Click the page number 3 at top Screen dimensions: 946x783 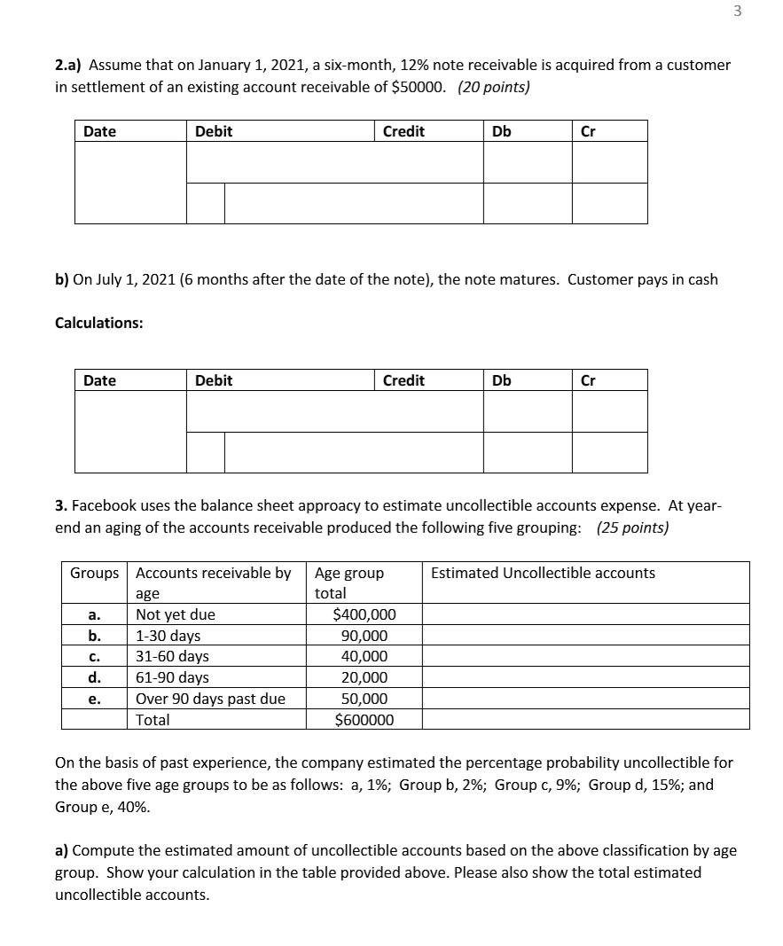click(x=738, y=11)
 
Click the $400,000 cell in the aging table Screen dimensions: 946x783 click(x=364, y=614)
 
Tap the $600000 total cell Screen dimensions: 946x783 click(x=364, y=720)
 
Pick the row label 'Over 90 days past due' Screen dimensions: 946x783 click(x=210, y=699)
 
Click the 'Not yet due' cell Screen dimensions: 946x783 click(x=175, y=614)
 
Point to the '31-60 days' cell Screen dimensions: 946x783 click(x=172, y=657)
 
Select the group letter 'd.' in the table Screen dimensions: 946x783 click(x=95, y=677)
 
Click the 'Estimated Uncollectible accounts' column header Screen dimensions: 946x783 click(x=543, y=573)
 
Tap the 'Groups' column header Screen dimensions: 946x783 click(x=94, y=573)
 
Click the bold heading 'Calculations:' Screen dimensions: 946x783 click(x=98, y=323)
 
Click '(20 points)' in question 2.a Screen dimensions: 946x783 click(x=494, y=87)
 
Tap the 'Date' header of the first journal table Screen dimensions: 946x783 click(x=99, y=131)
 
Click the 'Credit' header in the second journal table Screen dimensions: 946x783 click(x=403, y=380)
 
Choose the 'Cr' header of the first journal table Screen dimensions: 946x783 click(x=587, y=131)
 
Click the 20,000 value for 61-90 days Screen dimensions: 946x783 click(x=364, y=677)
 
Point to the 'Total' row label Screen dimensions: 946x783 click(x=153, y=720)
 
